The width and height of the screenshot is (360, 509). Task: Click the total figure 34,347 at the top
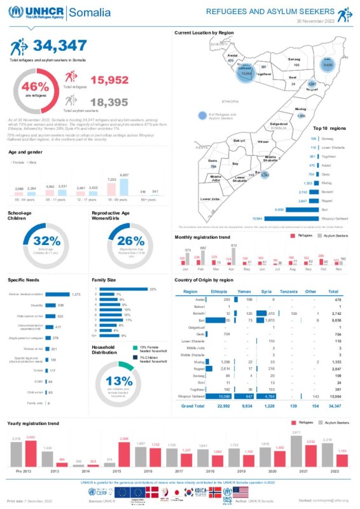(x=60, y=45)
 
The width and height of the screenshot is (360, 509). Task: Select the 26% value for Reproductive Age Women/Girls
(x=131, y=241)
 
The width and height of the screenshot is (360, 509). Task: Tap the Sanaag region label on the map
(x=294, y=59)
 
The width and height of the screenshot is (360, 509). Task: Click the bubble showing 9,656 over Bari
(x=328, y=65)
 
